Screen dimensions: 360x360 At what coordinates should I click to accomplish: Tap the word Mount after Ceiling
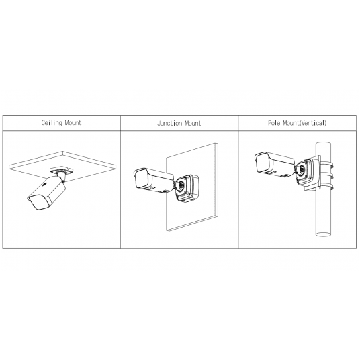[x=73, y=123]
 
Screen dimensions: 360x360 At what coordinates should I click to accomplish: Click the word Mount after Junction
[x=193, y=124]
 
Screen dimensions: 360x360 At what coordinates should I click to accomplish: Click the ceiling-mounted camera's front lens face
[x=38, y=203]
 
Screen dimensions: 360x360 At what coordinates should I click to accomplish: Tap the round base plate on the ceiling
[x=62, y=171]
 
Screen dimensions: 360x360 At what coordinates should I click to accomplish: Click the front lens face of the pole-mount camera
[x=263, y=162]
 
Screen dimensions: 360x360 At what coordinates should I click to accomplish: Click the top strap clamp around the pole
[x=326, y=165]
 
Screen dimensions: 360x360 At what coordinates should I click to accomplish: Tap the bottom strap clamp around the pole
[x=326, y=187]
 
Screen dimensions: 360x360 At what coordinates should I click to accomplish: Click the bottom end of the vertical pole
[x=323, y=234]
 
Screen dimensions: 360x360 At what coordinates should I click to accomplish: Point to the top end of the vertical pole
[x=323, y=144]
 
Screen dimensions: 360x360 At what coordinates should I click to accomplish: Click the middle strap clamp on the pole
[x=326, y=176]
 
